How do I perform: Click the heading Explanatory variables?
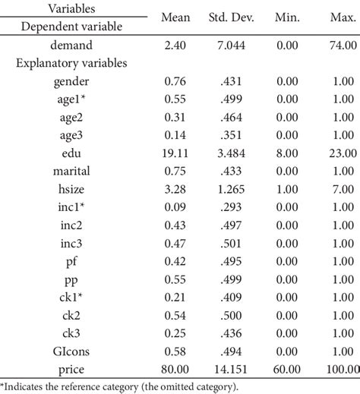[71, 63]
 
